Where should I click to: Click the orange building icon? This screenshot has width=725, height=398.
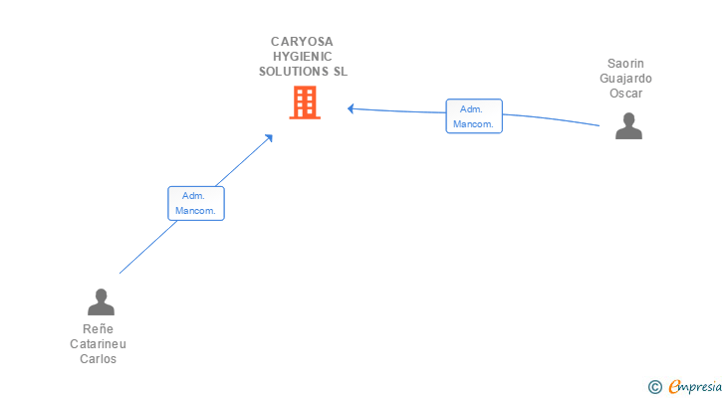[x=305, y=101]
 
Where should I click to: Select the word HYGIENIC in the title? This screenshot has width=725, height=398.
[x=303, y=57]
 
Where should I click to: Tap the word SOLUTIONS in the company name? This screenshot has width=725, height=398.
[x=293, y=72]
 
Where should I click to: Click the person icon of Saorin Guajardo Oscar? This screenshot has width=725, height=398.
[x=628, y=125]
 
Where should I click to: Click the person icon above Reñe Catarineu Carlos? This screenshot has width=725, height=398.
[x=101, y=301]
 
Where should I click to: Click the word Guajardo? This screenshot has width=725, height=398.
[x=626, y=79]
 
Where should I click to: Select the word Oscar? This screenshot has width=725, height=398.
[x=626, y=94]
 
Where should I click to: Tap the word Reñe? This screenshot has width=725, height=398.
[x=99, y=329]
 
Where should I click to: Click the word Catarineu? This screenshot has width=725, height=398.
[x=99, y=344]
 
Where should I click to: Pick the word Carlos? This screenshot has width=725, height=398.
[x=99, y=359]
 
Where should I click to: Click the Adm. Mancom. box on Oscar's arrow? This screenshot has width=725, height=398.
[x=474, y=116]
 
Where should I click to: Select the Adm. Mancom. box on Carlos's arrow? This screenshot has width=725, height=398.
[x=196, y=203]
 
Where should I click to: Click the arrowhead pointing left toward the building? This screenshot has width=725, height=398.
[x=352, y=107]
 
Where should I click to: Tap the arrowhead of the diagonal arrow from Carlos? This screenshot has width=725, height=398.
[x=269, y=138]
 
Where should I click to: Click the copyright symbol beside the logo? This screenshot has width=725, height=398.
[x=655, y=387]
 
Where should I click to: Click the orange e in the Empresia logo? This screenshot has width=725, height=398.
[x=674, y=387]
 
